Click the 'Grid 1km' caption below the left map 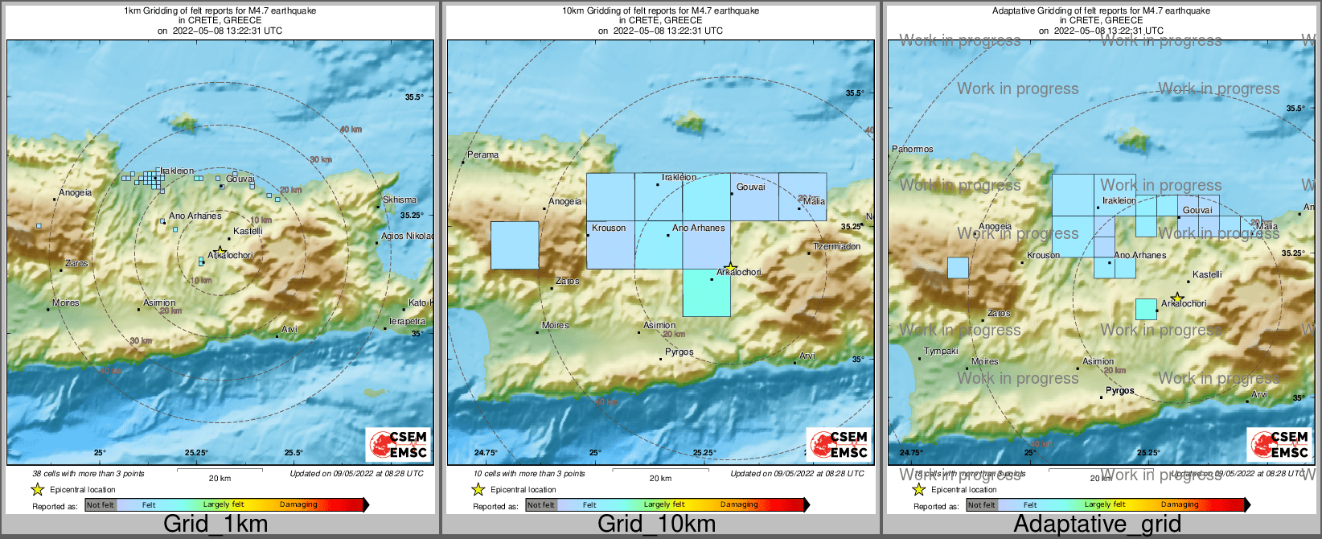click(x=215, y=524)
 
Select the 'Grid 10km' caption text click(x=656, y=524)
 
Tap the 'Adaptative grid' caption click(x=1097, y=524)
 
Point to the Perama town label click(x=483, y=154)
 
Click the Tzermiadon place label click(x=837, y=246)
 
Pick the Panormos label click(x=913, y=149)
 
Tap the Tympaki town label click(x=941, y=351)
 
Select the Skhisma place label click(x=400, y=200)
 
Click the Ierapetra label click(x=407, y=321)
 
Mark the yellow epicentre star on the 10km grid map click(x=730, y=267)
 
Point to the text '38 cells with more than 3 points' click(x=88, y=474)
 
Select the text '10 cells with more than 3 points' click(x=529, y=474)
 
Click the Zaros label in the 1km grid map click(x=77, y=263)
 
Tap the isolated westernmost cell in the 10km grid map click(x=515, y=245)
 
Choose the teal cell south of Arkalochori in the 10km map click(x=707, y=293)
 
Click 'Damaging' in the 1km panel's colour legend click(x=298, y=504)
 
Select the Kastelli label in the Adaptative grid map click(x=1207, y=274)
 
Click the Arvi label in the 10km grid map click(x=807, y=356)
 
